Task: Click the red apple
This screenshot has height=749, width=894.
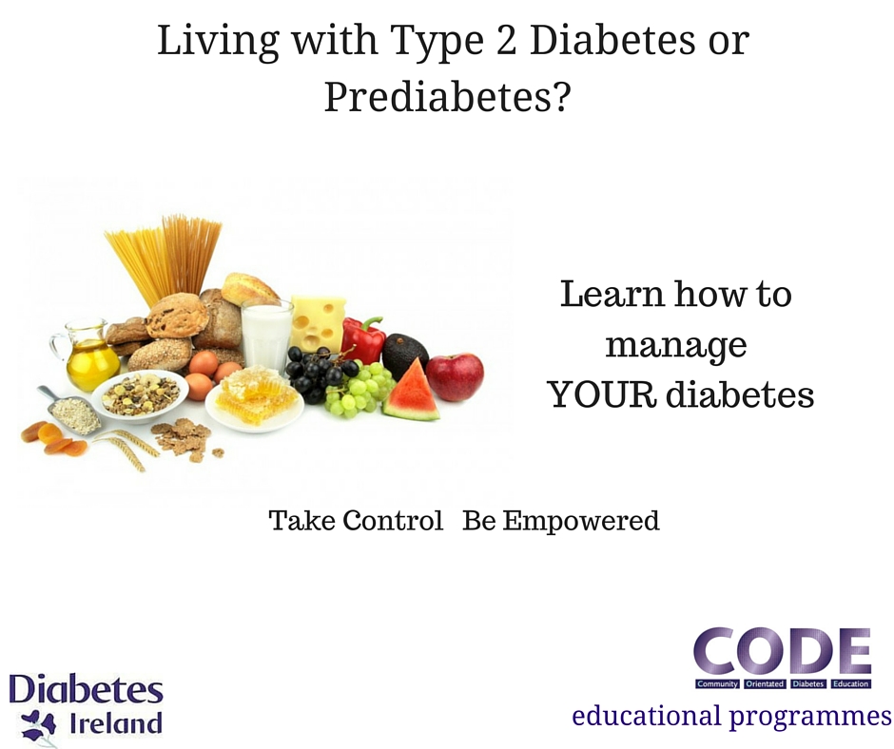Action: coord(455,376)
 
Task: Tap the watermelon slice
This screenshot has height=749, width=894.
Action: coord(412,393)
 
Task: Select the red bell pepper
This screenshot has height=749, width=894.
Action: coord(362,340)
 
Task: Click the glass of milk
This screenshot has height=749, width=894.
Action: coord(265,337)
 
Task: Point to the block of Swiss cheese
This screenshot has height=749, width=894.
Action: coord(317,323)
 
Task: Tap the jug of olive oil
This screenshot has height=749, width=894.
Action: coord(86,356)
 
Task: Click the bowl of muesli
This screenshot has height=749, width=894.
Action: coord(140,395)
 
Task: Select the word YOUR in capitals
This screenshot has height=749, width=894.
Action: coord(603,394)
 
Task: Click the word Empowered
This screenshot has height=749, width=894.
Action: coord(580,521)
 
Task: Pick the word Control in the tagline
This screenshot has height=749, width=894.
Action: coord(393,521)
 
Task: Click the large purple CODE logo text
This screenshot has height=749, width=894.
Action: coord(782,651)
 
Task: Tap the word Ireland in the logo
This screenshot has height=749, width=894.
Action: coord(115,723)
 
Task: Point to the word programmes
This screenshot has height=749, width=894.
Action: coord(810,717)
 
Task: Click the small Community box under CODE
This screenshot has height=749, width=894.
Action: coord(717,683)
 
